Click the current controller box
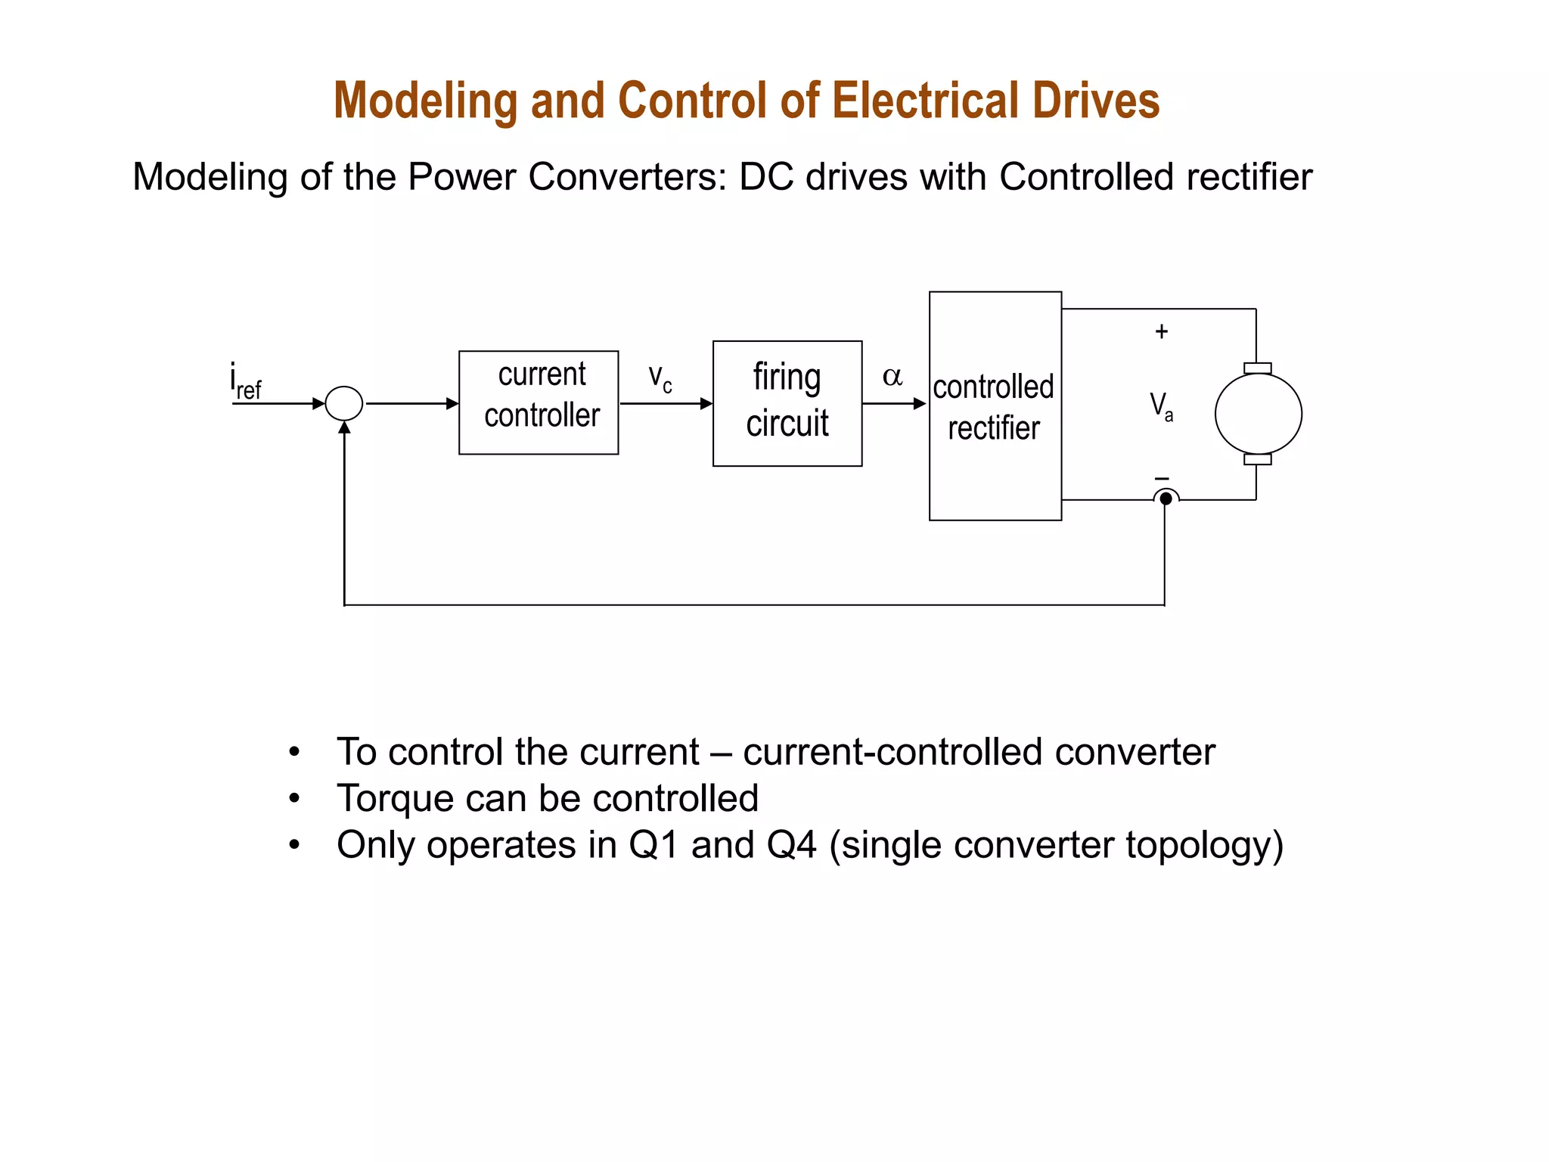(x=539, y=402)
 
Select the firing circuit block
(x=787, y=403)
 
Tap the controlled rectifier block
(x=995, y=406)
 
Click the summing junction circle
(x=344, y=403)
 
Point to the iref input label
(x=245, y=381)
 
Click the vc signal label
(x=660, y=377)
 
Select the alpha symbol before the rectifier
(x=892, y=376)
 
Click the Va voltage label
(x=1161, y=406)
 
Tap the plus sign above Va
(x=1162, y=331)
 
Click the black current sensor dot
(x=1166, y=499)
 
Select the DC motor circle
(x=1258, y=414)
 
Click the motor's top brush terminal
(x=1257, y=368)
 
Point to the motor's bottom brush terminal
(x=1257, y=459)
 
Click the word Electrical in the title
(x=926, y=101)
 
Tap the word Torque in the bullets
(x=395, y=799)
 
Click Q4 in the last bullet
(x=791, y=845)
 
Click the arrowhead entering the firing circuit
(x=706, y=403)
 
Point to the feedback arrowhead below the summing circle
(x=344, y=428)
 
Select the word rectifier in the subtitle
(x=1249, y=177)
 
